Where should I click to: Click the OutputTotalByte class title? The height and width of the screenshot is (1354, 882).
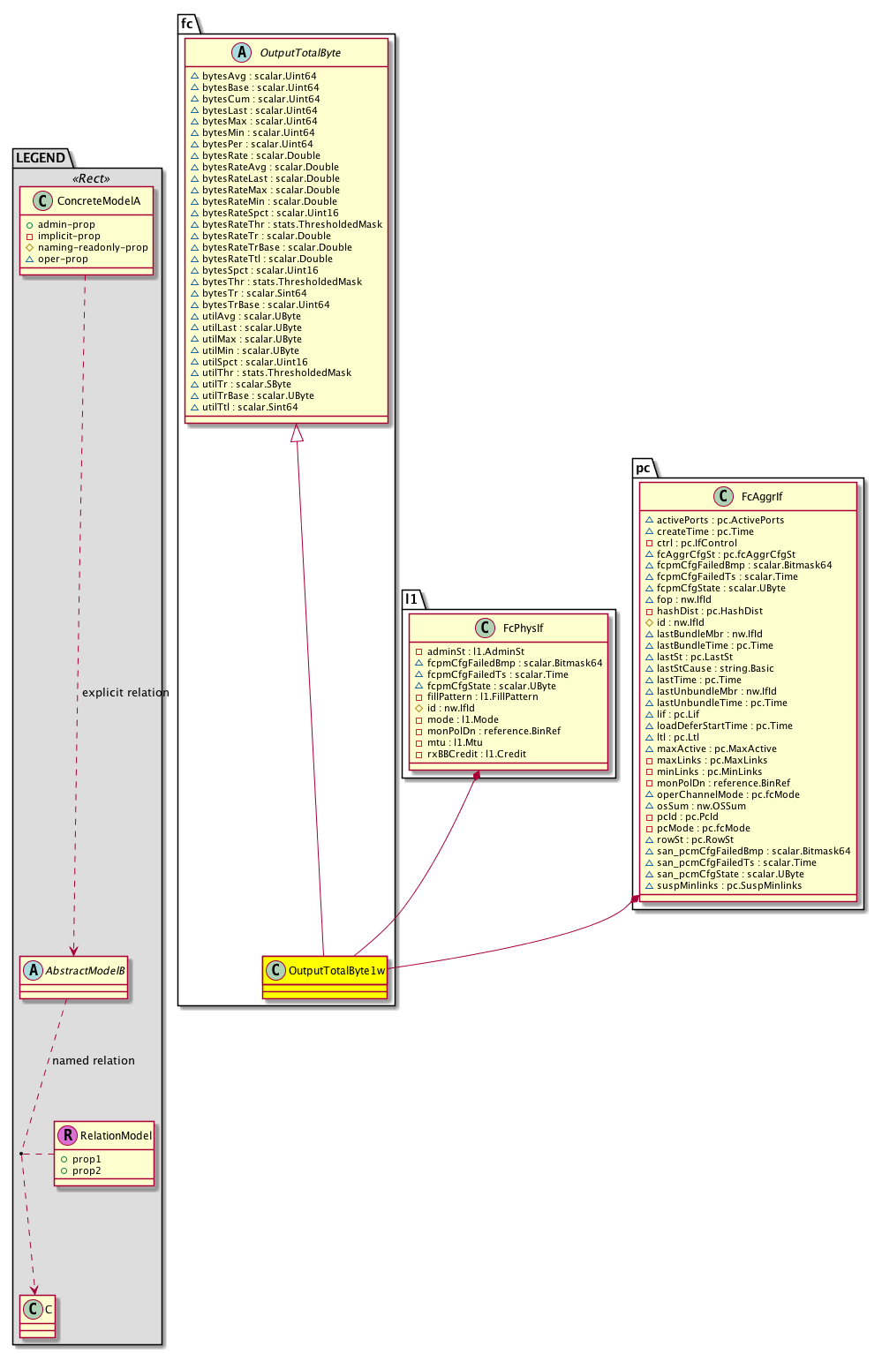tap(300, 53)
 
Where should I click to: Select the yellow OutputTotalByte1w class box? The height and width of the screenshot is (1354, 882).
tap(325, 977)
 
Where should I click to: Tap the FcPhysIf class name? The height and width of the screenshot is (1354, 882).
tap(523, 628)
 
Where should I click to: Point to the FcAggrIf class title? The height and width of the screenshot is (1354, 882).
tap(762, 497)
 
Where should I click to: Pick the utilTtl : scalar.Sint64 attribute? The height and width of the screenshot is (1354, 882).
tap(250, 407)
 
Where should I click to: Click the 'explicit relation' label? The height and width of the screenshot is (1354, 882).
tap(125, 693)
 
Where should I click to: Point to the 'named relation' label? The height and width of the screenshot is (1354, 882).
tap(94, 1061)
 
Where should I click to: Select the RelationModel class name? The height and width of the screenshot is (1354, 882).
tap(116, 1136)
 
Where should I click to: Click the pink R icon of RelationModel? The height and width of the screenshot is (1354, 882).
tap(67, 1135)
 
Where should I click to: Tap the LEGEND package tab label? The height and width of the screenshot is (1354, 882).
tap(41, 158)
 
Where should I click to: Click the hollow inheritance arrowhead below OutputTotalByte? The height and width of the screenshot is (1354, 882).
tap(298, 433)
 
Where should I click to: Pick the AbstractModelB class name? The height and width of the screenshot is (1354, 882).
tap(85, 971)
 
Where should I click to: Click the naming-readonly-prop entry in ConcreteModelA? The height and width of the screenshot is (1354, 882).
tap(93, 248)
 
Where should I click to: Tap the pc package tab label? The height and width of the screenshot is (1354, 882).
tap(643, 468)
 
